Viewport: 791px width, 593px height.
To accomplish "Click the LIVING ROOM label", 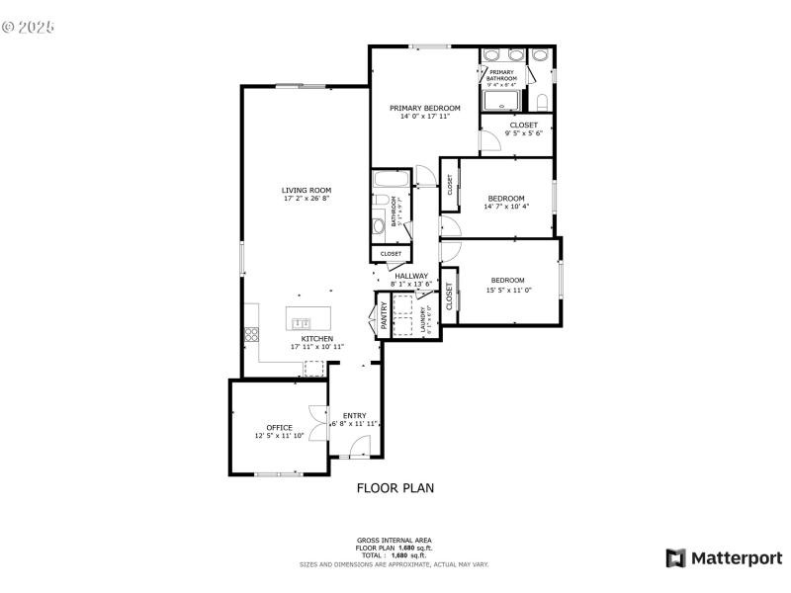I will [x=306, y=190].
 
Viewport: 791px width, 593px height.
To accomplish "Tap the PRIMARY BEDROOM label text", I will [x=424, y=108].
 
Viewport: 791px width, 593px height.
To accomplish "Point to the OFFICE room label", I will [x=279, y=427].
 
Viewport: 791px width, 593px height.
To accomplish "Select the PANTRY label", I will [x=384, y=316].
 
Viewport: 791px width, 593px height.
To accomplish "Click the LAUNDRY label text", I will [x=423, y=319].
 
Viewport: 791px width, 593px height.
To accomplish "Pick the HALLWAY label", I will [x=411, y=276].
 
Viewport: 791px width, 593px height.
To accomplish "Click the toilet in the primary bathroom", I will [x=541, y=101].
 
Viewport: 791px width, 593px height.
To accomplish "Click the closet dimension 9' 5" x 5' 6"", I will [x=523, y=133].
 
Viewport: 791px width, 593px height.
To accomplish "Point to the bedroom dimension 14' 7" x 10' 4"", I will [x=506, y=207].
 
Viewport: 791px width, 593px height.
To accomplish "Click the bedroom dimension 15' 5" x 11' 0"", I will [x=508, y=290].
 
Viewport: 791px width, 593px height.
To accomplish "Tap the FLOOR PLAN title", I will [x=395, y=487].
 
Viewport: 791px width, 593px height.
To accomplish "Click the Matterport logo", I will [x=724, y=558].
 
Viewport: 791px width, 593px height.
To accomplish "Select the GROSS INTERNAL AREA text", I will [x=395, y=540].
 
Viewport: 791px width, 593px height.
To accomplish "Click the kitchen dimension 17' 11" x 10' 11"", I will [x=316, y=347].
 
